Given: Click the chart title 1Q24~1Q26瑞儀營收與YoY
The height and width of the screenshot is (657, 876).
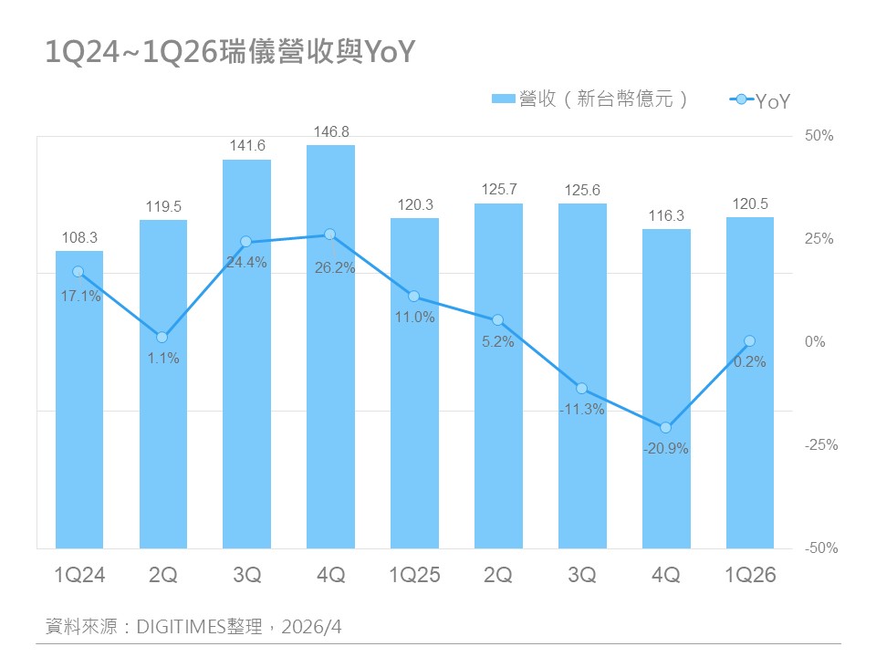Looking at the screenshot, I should click(230, 53).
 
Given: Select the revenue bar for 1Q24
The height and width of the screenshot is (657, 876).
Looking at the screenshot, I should click(78, 401).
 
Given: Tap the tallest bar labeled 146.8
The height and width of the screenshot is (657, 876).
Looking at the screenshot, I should click(330, 347).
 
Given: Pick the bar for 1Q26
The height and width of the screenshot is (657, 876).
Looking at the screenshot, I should click(750, 383).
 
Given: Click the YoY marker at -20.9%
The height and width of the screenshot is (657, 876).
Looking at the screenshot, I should click(666, 427).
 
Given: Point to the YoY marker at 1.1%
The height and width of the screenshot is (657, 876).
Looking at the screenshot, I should click(162, 338).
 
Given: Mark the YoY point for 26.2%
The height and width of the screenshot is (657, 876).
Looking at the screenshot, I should click(330, 235).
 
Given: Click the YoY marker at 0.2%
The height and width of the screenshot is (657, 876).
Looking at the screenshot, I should click(750, 341).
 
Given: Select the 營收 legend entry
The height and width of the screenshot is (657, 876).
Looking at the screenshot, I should click(589, 99).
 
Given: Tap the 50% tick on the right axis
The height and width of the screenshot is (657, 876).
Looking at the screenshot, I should click(819, 136).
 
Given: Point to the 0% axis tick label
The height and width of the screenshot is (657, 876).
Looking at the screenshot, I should click(814, 342).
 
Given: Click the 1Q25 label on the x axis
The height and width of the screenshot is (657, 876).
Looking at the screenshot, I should click(414, 575).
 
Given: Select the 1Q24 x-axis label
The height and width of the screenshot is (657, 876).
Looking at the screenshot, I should click(79, 575).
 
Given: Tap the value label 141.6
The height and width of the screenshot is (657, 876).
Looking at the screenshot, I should click(247, 146).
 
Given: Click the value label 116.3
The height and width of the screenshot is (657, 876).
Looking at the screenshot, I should click(666, 215).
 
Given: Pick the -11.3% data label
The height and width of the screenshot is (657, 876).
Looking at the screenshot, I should click(582, 410).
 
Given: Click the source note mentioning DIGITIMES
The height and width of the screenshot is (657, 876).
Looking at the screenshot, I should click(194, 627).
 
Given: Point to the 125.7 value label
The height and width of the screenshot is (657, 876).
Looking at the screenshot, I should click(498, 190).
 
